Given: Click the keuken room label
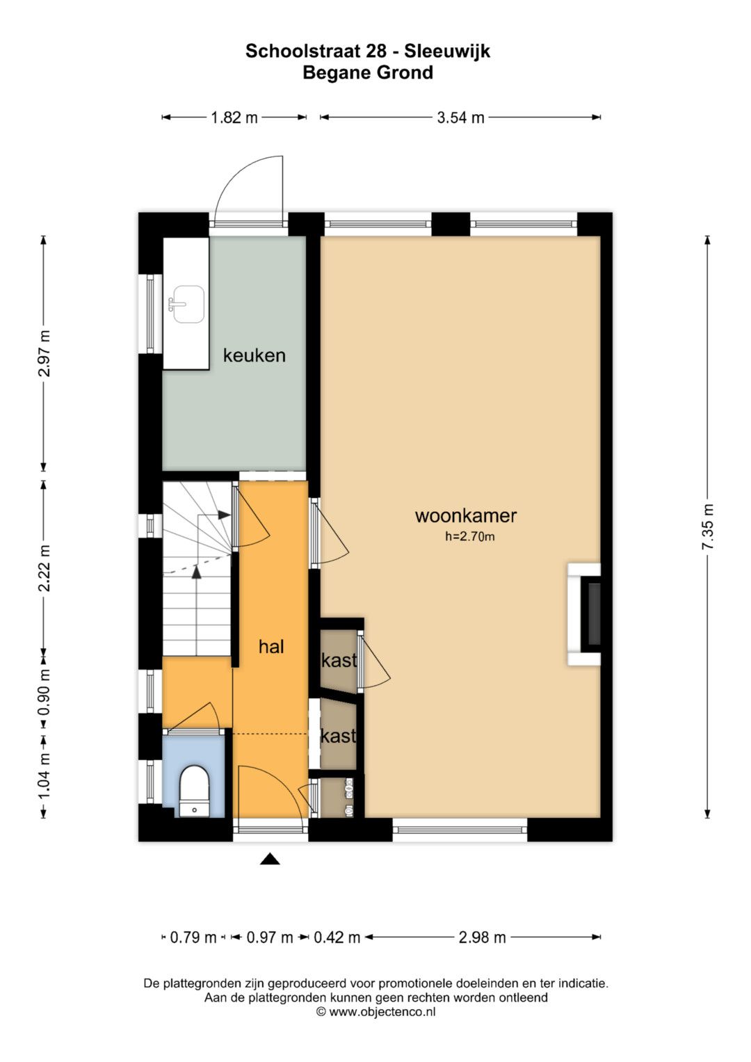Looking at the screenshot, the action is tap(254, 355).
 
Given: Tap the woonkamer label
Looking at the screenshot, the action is tap(466, 515).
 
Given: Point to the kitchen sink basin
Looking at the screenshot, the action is tap(188, 305).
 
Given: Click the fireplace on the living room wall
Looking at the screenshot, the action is tap(584, 614).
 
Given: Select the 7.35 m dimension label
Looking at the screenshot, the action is tap(707, 526).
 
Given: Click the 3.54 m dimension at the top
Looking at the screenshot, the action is tap(460, 118).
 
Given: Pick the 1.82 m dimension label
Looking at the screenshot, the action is tap(234, 118).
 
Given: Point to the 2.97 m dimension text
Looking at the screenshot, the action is tap(44, 353).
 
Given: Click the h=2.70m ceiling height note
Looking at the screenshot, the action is tap(469, 537).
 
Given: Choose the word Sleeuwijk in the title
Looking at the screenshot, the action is tap(447, 51).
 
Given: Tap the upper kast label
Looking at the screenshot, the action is tap(339, 660).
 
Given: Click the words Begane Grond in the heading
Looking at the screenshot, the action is tap(368, 72).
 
